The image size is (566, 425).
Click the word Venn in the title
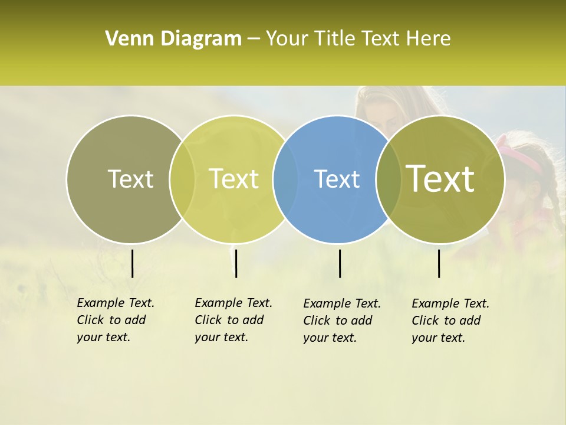(x=125, y=39)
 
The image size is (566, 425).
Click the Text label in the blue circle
(x=337, y=179)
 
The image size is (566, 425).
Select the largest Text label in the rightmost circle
(x=440, y=178)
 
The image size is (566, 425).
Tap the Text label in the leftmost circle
(x=130, y=179)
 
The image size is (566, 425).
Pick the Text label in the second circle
(x=233, y=179)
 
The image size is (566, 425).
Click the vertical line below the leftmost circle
(x=133, y=263)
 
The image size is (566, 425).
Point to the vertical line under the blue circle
(x=340, y=263)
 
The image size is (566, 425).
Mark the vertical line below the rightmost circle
(x=439, y=263)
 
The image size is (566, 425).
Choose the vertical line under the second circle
(x=236, y=263)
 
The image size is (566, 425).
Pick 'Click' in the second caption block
(x=208, y=320)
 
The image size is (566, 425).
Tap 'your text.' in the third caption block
(x=330, y=338)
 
